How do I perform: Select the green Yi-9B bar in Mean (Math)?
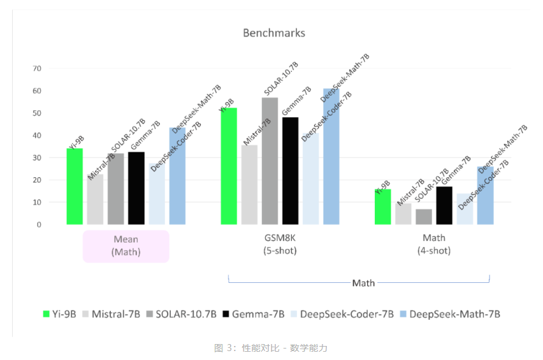point(75,187)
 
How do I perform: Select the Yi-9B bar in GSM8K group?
point(229,166)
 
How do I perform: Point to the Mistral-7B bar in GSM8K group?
point(249,185)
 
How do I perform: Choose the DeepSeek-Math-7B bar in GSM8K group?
point(331,157)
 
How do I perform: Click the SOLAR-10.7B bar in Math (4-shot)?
point(424,217)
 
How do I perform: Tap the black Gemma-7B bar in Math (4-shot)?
point(444,206)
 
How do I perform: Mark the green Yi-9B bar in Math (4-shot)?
point(382,207)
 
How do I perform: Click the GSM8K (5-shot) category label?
point(280,245)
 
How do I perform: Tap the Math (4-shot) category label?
point(434,245)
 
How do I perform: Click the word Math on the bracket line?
point(363,282)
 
